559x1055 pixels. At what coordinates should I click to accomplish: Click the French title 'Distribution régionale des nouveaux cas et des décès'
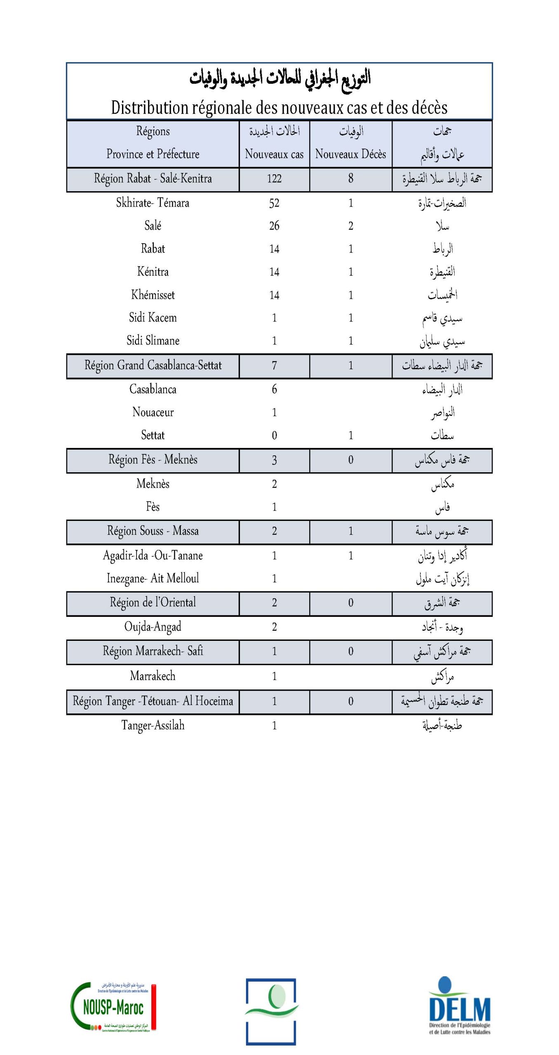click(x=279, y=108)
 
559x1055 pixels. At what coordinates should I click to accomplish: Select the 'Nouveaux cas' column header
click(x=274, y=154)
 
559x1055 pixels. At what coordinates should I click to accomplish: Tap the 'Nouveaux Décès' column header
click(x=350, y=154)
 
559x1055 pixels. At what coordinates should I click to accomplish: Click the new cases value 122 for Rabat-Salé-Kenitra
click(x=274, y=178)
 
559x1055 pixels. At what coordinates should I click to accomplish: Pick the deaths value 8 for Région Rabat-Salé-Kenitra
click(x=350, y=178)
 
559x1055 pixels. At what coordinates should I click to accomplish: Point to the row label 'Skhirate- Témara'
click(x=153, y=203)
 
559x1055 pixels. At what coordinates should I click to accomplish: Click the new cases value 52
click(x=274, y=203)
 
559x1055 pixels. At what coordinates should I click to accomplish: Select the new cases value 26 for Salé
click(x=274, y=226)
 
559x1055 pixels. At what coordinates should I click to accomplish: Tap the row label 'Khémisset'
click(x=153, y=295)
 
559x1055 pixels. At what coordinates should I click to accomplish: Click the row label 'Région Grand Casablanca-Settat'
click(x=153, y=365)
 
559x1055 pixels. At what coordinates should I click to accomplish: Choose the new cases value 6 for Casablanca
click(x=274, y=389)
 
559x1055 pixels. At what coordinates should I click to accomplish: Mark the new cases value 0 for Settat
click(x=274, y=435)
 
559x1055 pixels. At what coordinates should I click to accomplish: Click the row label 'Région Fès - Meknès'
click(x=153, y=460)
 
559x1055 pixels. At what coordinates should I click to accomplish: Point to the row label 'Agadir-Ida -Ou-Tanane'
click(x=153, y=556)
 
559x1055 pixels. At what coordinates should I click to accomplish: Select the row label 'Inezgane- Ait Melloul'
click(x=153, y=578)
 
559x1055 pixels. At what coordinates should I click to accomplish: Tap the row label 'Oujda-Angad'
click(x=153, y=627)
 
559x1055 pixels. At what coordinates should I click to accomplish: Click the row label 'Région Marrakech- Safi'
click(x=153, y=651)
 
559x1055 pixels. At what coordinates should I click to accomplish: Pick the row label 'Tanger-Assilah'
click(x=153, y=725)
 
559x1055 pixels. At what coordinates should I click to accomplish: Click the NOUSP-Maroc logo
click(x=113, y=1007)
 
